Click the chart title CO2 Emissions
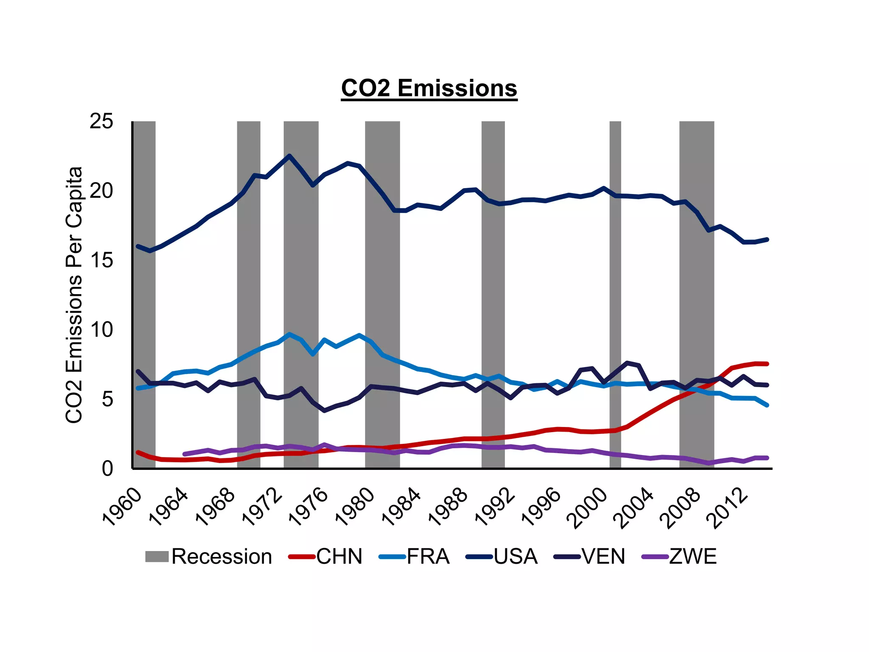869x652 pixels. [x=429, y=88]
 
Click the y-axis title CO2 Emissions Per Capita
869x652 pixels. [x=74, y=295]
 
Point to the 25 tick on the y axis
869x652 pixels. [x=101, y=121]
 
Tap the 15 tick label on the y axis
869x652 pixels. [x=101, y=260]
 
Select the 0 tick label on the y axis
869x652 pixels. [x=107, y=469]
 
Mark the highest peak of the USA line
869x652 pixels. [x=289, y=156]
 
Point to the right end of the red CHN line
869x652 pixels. [x=767, y=364]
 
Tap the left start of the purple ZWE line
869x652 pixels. [x=185, y=454]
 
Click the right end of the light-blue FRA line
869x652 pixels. [x=767, y=405]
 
